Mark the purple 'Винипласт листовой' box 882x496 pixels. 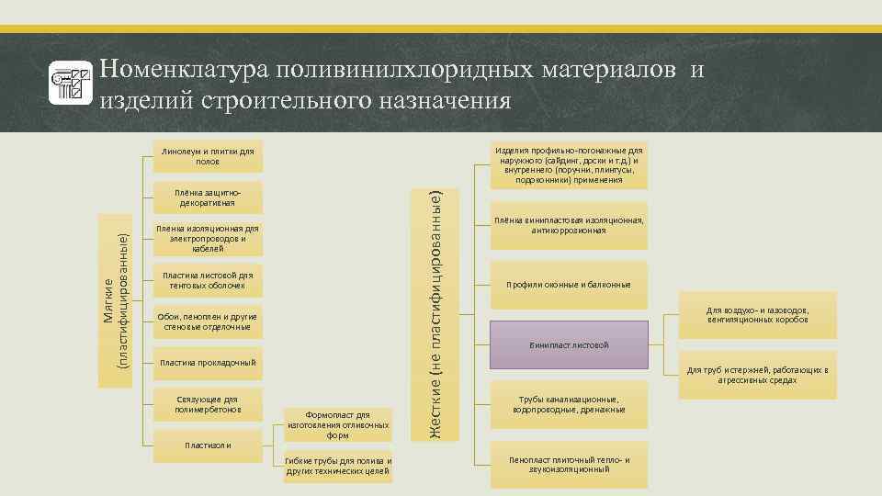coord(569,344)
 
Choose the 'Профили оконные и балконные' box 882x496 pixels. coord(569,284)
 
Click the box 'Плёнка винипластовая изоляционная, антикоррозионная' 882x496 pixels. coord(569,226)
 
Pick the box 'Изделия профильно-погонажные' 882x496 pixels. coord(569,164)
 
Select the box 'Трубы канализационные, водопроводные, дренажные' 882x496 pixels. coord(569,404)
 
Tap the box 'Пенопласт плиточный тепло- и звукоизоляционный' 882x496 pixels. coord(569,464)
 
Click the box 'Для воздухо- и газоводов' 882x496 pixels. coord(757,315)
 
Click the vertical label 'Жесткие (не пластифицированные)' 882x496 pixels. coord(440,312)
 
